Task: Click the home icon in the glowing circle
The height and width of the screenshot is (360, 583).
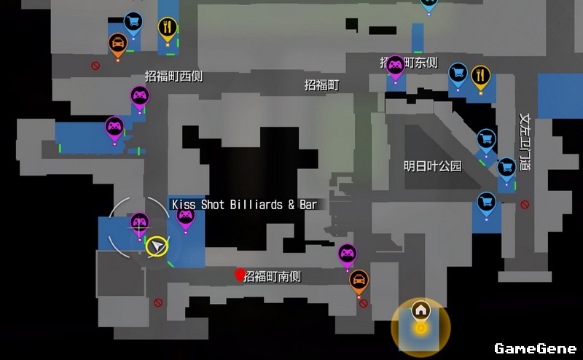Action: pyautogui.click(x=420, y=310)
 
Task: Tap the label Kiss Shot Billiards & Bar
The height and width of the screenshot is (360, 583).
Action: pyautogui.click(x=244, y=205)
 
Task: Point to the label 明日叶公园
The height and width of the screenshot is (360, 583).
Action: pyautogui.click(x=433, y=166)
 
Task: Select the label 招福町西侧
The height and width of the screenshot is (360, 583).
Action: pyautogui.click(x=173, y=76)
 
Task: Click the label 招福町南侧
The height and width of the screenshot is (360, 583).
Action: pyautogui.click(x=272, y=277)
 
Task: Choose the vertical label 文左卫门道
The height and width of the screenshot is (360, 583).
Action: pyautogui.click(x=524, y=141)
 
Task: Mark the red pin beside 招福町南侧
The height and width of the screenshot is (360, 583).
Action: pyautogui.click(x=239, y=274)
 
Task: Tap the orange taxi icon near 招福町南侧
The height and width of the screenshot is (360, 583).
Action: pyautogui.click(x=359, y=280)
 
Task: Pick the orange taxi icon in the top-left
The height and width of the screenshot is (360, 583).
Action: pyautogui.click(x=117, y=43)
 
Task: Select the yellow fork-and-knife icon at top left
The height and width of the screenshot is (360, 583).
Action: pyautogui.click(x=168, y=28)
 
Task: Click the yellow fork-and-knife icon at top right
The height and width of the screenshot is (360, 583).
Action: pyautogui.click(x=480, y=75)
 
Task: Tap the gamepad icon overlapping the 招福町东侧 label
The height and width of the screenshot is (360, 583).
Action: pyautogui.click(x=395, y=66)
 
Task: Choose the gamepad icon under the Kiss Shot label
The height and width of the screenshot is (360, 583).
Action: pyautogui.click(x=186, y=216)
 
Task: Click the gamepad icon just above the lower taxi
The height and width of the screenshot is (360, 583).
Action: pyautogui.click(x=348, y=254)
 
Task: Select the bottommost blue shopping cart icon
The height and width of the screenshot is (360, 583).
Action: pyautogui.click(x=486, y=202)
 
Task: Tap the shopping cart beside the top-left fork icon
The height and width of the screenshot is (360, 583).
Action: pyautogui.click(x=133, y=22)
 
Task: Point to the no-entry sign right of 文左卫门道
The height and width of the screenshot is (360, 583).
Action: pyautogui.click(x=525, y=205)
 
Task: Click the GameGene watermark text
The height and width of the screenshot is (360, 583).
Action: pyautogui.click(x=535, y=348)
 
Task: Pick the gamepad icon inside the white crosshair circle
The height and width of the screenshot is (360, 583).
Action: pyautogui.click(x=139, y=222)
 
